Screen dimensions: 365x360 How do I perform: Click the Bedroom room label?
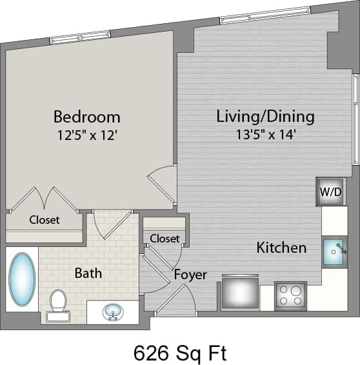[x=86, y=117]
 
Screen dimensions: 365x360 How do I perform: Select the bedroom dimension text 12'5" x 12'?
[x=86, y=135]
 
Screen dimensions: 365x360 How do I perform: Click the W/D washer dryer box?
[x=330, y=192]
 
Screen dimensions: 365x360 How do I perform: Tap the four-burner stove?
[x=290, y=295]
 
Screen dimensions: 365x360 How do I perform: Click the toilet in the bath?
[x=58, y=304]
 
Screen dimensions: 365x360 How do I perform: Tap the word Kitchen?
[x=281, y=248]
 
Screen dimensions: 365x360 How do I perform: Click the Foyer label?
[x=190, y=275]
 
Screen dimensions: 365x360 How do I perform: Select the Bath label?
[x=88, y=273]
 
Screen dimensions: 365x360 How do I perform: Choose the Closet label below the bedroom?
[x=45, y=220]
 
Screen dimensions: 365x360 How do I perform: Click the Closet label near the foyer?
[x=165, y=238]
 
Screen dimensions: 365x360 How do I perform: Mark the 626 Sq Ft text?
[x=180, y=352]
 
